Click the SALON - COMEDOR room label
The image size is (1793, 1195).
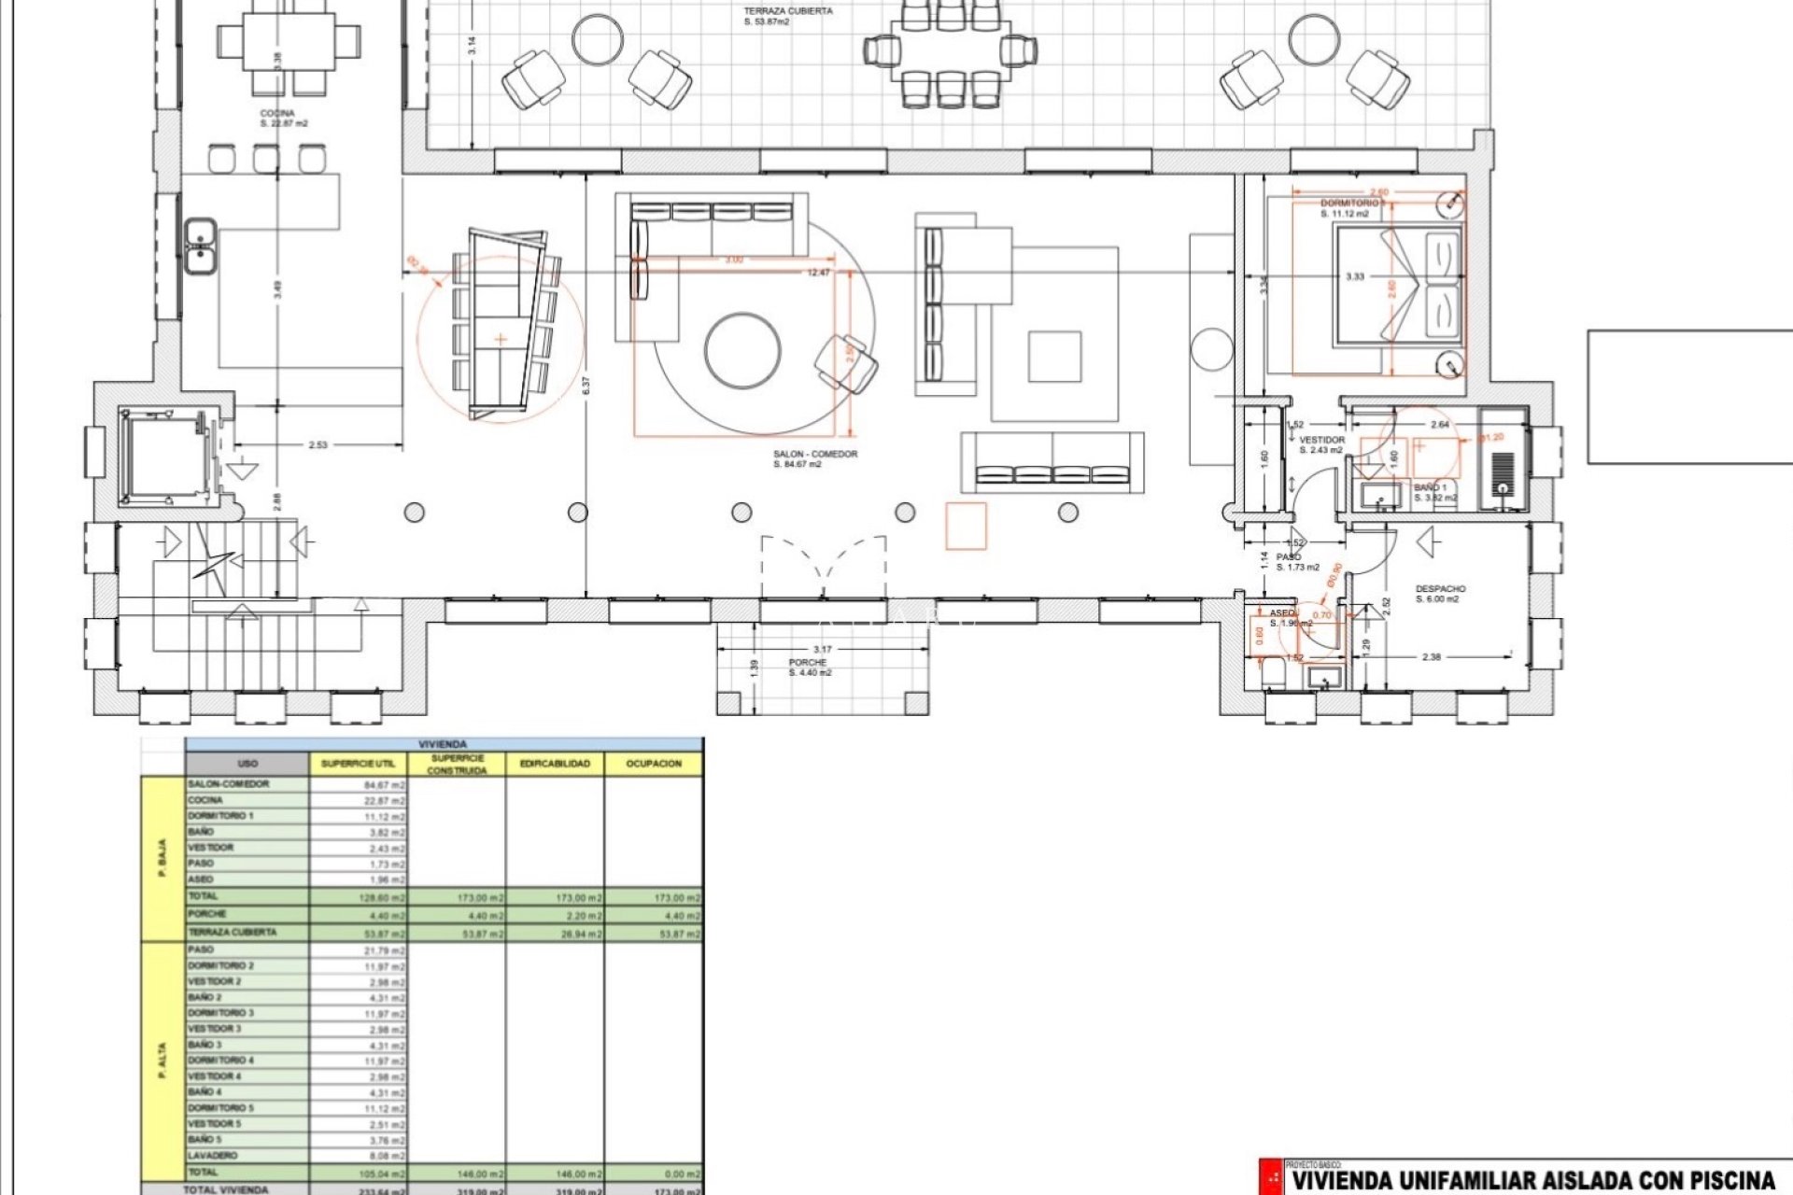coord(814,455)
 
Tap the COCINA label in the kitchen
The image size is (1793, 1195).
coord(277,114)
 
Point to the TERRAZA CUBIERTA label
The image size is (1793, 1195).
coord(788,12)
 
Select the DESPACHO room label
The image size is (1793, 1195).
coord(1440,589)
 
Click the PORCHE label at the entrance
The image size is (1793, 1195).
coord(808,663)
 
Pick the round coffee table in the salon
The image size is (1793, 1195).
coord(742,351)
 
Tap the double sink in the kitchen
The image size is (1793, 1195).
coord(200,245)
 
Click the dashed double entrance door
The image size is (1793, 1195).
coord(823,564)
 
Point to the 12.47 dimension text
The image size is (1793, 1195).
coord(818,273)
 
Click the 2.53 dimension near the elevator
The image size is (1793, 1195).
coord(318,445)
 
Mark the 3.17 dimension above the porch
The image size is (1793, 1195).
coord(822,649)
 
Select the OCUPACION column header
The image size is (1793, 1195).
coord(654,764)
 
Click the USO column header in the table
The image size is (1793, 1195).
coord(247,764)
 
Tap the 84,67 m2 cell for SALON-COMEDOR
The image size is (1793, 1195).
coord(384,785)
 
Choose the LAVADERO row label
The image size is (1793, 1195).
coord(213,1156)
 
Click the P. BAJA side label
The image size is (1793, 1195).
coord(162,859)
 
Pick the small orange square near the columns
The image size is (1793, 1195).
coord(966,526)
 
